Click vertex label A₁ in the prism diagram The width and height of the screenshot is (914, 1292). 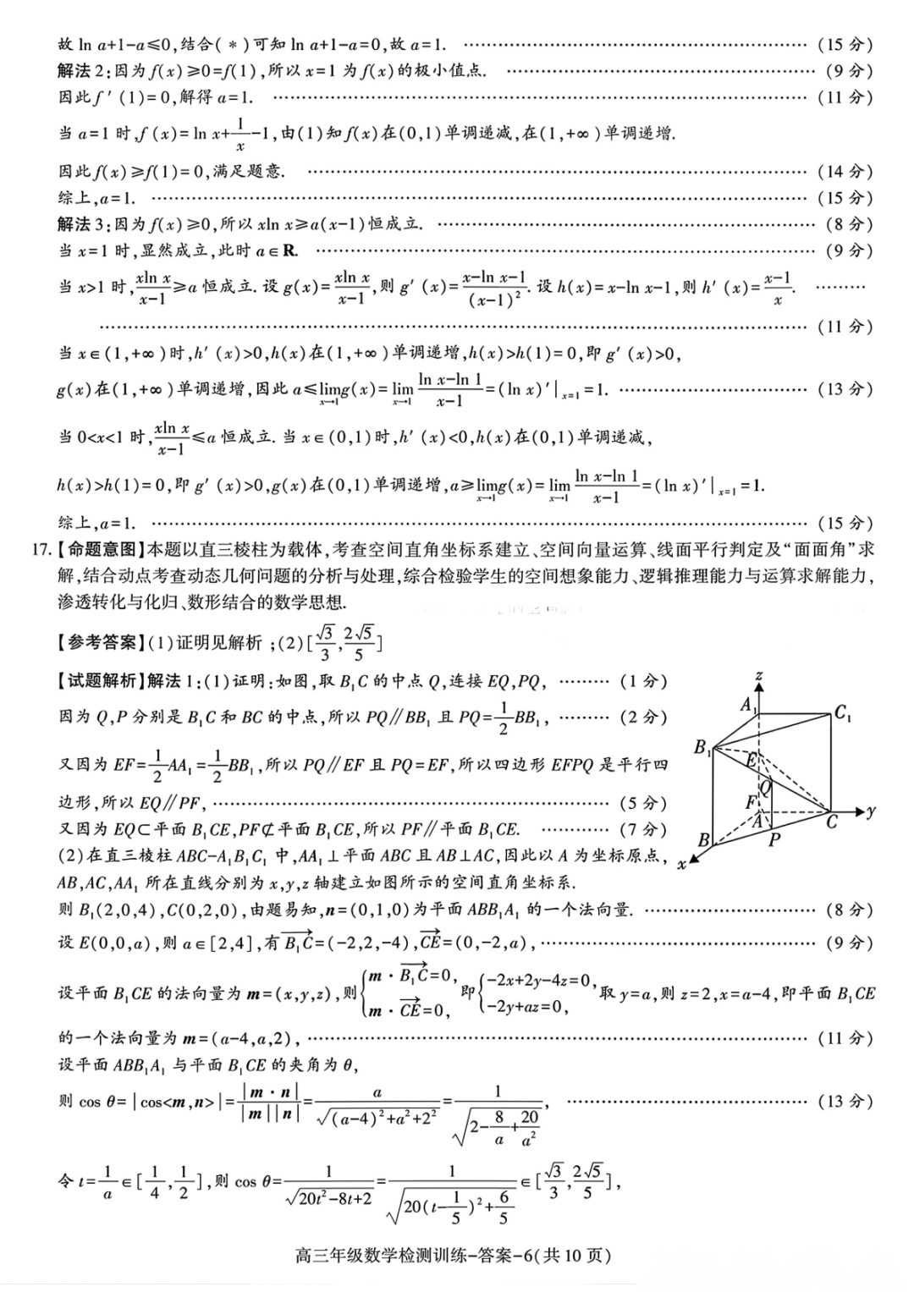tap(748, 705)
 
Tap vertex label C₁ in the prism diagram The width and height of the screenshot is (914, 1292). tap(843, 712)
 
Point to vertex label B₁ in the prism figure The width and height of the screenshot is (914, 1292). tap(702, 747)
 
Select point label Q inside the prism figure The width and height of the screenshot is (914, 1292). tap(766, 788)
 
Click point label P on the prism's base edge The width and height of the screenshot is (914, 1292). tap(774, 840)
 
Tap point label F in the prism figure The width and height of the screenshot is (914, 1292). tap(750, 800)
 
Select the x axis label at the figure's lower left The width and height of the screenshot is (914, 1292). tap(681, 864)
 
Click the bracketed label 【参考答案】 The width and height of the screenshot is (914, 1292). tap(99, 643)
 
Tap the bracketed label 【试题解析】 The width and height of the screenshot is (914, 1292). tap(99, 681)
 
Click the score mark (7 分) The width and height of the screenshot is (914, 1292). tap(643, 829)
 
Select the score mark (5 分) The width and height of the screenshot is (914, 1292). tap(643, 803)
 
